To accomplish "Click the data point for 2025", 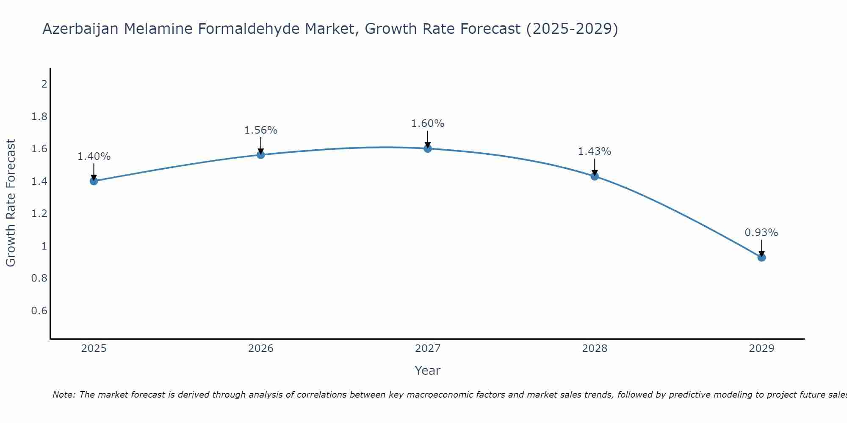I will [94, 181].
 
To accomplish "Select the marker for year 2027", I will [428, 148].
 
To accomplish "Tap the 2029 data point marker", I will [761, 257].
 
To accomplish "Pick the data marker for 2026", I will [261, 155].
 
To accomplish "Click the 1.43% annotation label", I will [595, 151].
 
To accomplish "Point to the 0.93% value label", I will [761, 233].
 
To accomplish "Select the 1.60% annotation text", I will [428, 124].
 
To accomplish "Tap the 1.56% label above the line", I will [261, 130].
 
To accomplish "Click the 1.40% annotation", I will [94, 157].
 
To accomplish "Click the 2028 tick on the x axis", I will [595, 349].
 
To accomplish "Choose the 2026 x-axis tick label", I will [261, 349].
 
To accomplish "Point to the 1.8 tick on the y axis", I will [39, 116].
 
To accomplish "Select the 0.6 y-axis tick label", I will [39, 311].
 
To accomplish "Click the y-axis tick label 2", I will [44, 84].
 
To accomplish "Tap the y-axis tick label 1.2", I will [39, 214].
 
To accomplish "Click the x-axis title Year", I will [428, 371].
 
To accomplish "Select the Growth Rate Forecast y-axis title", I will [11, 203].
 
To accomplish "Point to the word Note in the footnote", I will [64, 395].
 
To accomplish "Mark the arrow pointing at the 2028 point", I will [595, 168].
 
